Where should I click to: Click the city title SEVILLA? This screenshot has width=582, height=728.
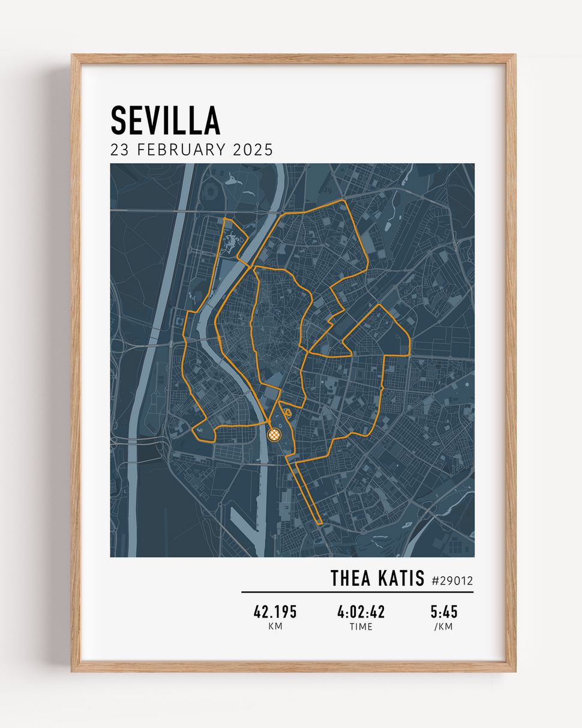(x=165, y=121)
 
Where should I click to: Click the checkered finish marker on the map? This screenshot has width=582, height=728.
(x=274, y=434)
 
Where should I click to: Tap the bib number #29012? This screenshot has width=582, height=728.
(x=452, y=580)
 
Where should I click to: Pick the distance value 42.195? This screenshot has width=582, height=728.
(x=275, y=612)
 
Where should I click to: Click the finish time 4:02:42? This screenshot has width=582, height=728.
(x=361, y=612)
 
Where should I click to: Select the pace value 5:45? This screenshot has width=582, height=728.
(x=444, y=612)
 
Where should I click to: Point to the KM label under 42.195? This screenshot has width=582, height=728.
(x=275, y=627)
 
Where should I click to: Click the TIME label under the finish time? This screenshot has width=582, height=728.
(x=361, y=627)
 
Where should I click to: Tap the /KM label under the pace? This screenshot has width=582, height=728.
(x=444, y=627)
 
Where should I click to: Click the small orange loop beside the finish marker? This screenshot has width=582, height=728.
(x=287, y=412)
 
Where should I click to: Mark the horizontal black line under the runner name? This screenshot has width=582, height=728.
(x=357, y=592)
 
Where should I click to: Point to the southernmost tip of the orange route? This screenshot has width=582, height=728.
(x=319, y=523)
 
